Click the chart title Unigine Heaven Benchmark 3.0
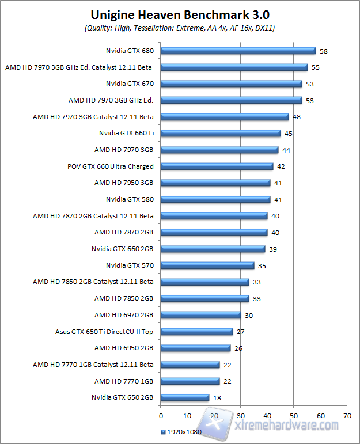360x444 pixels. [x=180, y=14]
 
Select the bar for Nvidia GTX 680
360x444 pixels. [x=238, y=51]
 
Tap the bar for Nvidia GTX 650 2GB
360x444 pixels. [x=184, y=397]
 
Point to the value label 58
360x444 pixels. [x=324, y=51]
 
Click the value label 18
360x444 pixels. [x=217, y=398]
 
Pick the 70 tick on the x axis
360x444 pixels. [x=347, y=415]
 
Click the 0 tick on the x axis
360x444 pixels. [x=161, y=415]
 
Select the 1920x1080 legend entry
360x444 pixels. [x=181, y=432]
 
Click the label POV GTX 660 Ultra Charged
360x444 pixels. [x=111, y=166]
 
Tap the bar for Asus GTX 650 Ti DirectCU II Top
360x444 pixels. [x=196, y=332]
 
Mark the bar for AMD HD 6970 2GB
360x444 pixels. [x=200, y=315]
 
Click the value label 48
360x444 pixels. [x=297, y=117]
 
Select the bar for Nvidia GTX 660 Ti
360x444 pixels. [x=221, y=133]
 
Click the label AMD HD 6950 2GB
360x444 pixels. [x=124, y=348]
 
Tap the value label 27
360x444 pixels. [x=241, y=332]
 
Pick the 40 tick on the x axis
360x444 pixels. [x=267, y=415]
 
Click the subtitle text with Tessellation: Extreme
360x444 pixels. [x=180, y=28]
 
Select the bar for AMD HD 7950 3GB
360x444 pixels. [x=215, y=183]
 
